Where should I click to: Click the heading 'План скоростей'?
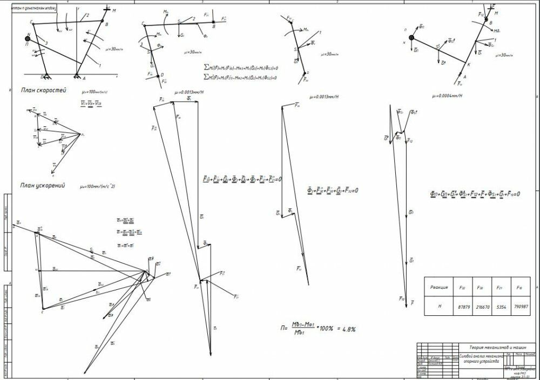[43, 90]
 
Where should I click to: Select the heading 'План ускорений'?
[43, 185]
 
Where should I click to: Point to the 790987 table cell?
[521, 306]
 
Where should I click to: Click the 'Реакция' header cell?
[440, 288]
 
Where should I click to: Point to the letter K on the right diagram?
[468, 65]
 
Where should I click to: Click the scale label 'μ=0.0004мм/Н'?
[448, 96]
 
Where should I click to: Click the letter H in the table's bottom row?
[440, 306]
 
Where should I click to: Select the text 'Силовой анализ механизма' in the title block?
[481, 356]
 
